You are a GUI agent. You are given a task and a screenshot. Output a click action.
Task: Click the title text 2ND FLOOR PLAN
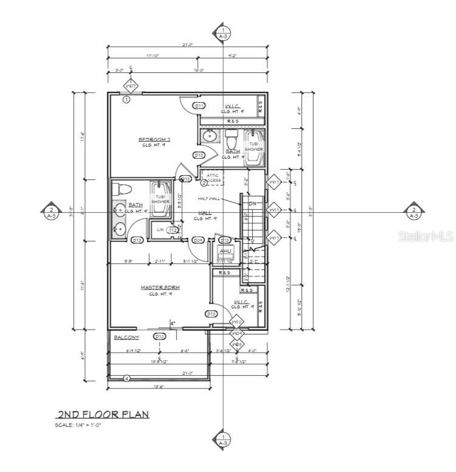102,415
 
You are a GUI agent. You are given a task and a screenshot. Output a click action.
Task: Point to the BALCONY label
126,337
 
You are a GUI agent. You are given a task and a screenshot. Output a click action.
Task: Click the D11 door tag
198,106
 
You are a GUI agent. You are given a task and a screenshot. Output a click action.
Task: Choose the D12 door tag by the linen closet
173,230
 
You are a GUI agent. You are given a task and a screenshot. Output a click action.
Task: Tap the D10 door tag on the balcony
160,336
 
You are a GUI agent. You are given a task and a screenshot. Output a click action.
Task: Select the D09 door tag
198,240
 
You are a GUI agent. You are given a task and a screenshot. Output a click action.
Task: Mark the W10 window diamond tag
236,322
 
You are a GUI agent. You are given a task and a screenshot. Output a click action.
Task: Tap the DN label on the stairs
252,203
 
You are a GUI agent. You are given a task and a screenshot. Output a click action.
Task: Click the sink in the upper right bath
210,134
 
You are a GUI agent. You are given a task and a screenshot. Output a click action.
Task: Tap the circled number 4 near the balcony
126,378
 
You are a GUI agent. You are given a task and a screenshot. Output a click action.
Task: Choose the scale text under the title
78,425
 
